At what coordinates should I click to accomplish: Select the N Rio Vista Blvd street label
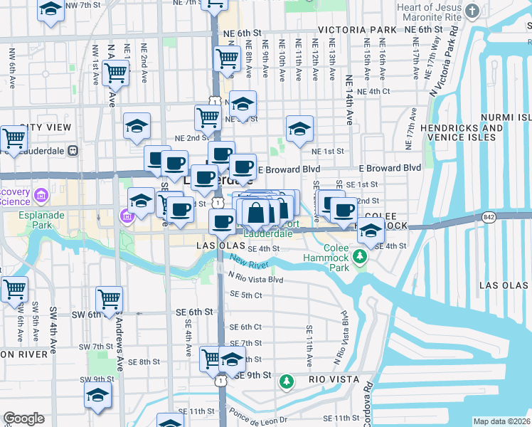[255, 280]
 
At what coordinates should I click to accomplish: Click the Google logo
[24, 418]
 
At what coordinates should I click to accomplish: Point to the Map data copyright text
[501, 421]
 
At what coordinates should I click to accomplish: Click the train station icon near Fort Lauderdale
[72, 151]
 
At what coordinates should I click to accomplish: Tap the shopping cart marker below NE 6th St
[227, 58]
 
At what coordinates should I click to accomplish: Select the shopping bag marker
[256, 212]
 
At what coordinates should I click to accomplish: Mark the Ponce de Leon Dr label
[260, 417]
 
